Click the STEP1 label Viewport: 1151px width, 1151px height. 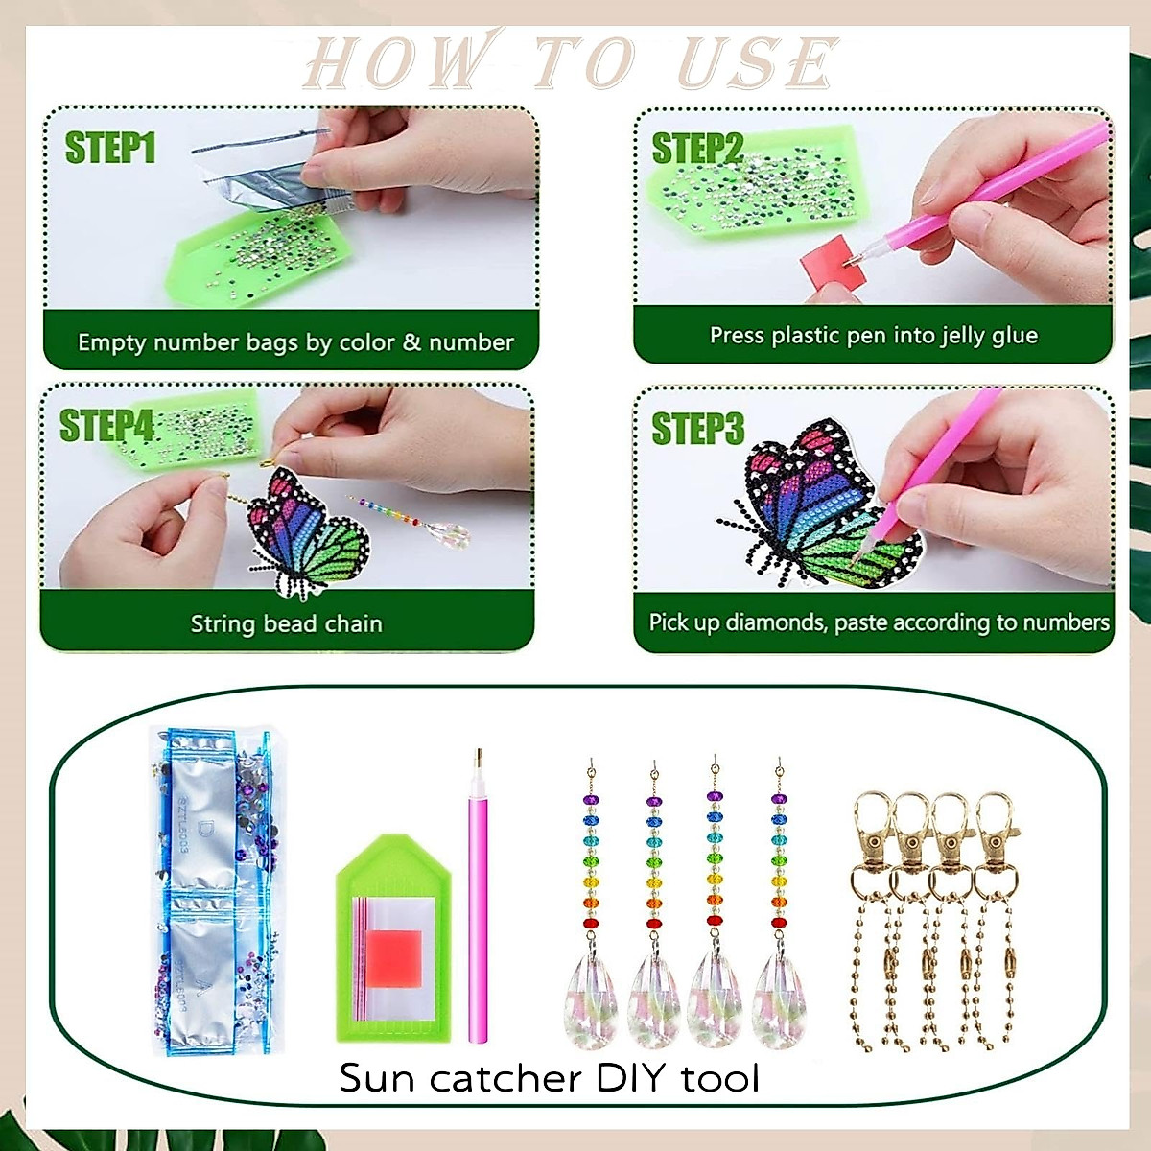(x=109, y=149)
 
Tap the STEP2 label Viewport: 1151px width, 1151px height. (x=697, y=149)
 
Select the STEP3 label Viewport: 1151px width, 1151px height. (x=697, y=429)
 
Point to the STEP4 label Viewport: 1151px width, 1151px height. (x=106, y=426)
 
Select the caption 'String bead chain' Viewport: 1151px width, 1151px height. (x=286, y=623)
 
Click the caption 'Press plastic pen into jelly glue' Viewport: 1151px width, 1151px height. (x=873, y=335)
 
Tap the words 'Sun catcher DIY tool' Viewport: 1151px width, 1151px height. (x=549, y=1078)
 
